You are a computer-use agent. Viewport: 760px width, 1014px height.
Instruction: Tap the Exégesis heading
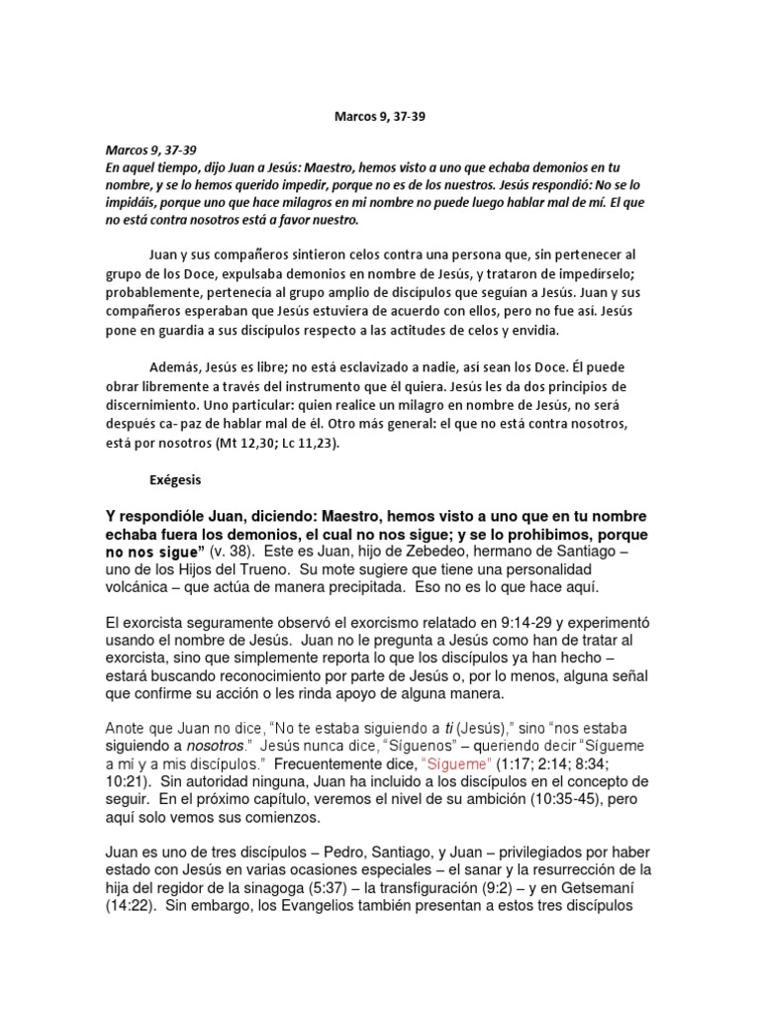coord(174,479)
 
